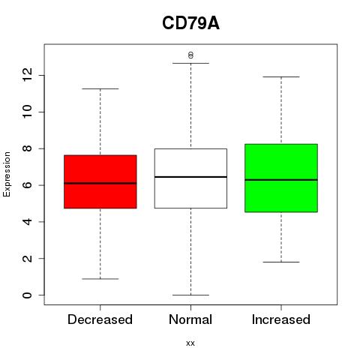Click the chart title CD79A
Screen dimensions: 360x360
click(190, 23)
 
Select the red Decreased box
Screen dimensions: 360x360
click(100, 181)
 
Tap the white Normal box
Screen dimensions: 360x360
click(190, 178)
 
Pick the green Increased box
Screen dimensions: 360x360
click(281, 178)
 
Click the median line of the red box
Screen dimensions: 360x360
click(100, 183)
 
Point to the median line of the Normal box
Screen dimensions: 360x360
click(190, 177)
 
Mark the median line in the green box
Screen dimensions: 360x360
click(281, 180)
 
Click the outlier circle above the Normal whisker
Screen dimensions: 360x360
click(190, 55)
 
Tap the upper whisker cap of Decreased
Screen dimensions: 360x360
click(100, 88)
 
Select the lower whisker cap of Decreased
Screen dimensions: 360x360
click(100, 279)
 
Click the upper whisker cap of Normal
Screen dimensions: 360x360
click(190, 63)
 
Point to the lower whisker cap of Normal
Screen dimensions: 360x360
click(190, 295)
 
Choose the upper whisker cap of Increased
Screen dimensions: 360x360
click(281, 76)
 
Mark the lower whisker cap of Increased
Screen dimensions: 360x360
click(281, 262)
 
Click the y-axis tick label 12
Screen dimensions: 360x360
click(27, 75)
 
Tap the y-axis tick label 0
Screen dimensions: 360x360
click(27, 295)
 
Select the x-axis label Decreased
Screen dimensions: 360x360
click(100, 319)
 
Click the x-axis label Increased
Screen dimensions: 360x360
click(281, 319)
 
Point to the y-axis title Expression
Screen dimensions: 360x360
click(7, 174)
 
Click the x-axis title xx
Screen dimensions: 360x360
click(190, 343)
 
